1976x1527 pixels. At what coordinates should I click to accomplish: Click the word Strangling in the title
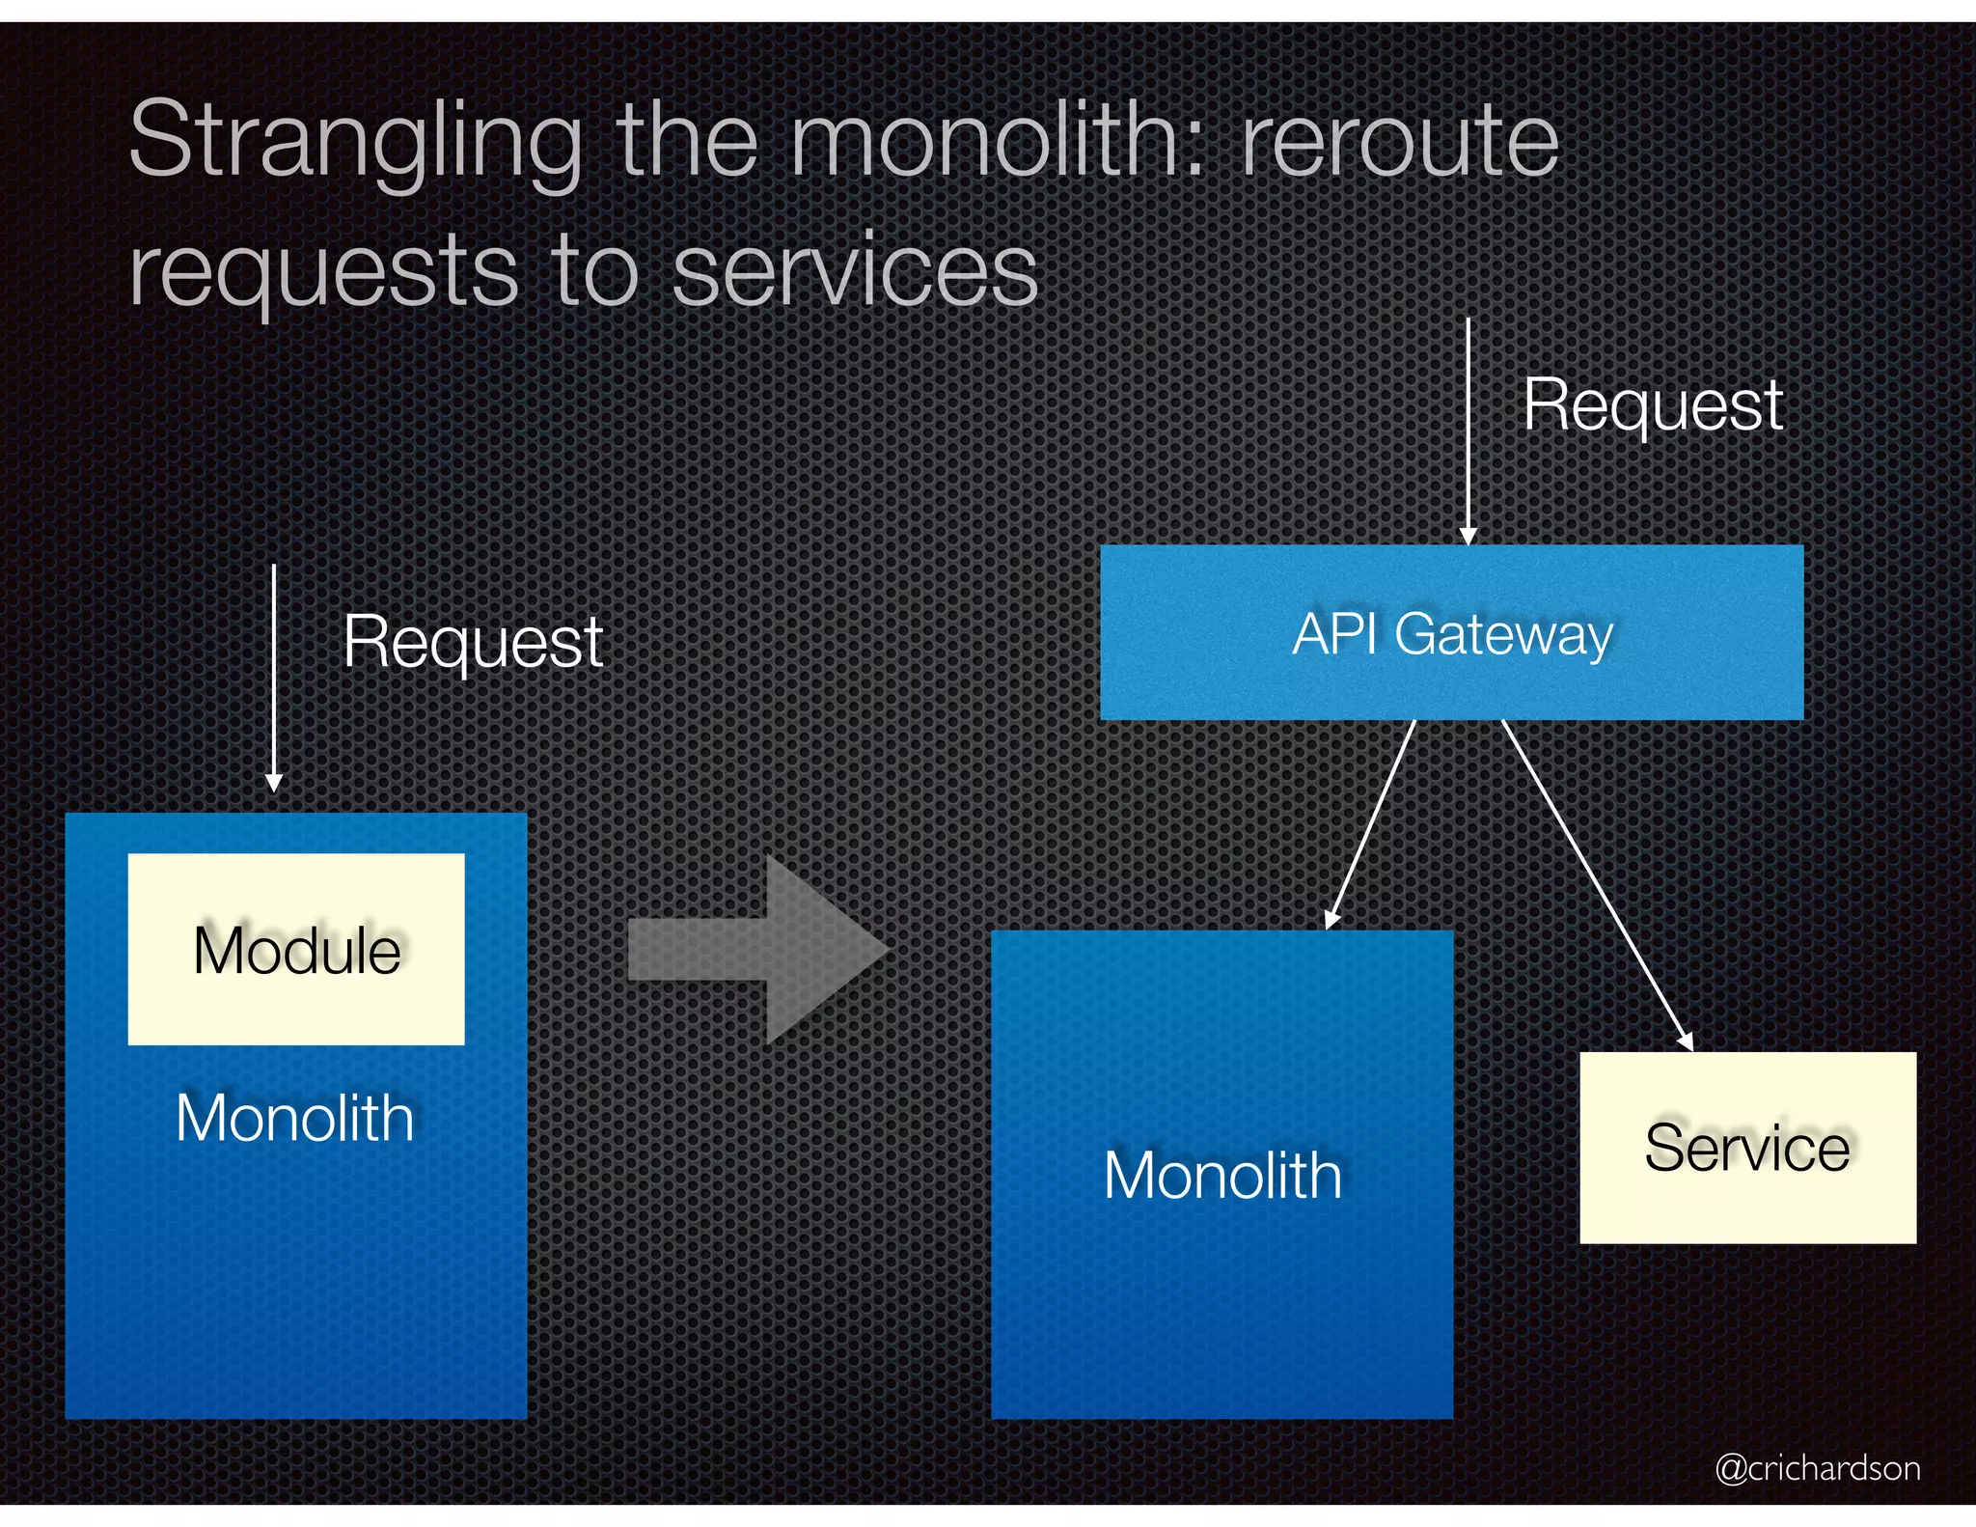pyautogui.click(x=355, y=142)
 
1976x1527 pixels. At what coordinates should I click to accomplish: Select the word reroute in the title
pyautogui.click(x=1399, y=142)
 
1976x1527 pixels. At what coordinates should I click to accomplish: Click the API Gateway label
pyautogui.click(x=1452, y=634)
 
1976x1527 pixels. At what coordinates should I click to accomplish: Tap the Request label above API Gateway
pyautogui.click(x=1653, y=405)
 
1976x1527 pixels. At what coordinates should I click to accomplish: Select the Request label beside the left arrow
pyautogui.click(x=473, y=642)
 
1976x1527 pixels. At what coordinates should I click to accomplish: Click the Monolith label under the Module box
pyautogui.click(x=295, y=1119)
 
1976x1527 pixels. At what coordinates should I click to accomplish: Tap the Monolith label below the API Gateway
pyautogui.click(x=1222, y=1176)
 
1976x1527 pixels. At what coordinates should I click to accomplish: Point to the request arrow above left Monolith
pyautogui.click(x=274, y=676)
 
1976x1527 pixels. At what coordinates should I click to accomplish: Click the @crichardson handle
pyautogui.click(x=1817, y=1468)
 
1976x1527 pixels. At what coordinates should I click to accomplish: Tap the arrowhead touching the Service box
pyautogui.click(x=1686, y=1042)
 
